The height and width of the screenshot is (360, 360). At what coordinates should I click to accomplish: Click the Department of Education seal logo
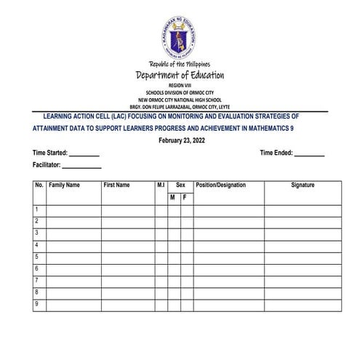[180, 34]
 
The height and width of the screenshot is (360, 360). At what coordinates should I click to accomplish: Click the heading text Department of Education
[180, 76]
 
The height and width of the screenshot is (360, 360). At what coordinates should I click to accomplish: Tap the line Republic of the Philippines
[180, 65]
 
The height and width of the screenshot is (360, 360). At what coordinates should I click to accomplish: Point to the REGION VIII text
[180, 86]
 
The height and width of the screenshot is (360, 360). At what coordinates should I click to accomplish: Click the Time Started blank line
[84, 155]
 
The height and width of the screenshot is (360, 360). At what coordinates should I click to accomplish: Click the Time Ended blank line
[310, 155]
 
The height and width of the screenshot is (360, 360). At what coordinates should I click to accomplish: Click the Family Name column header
[64, 185]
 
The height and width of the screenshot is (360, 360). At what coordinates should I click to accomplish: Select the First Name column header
[116, 185]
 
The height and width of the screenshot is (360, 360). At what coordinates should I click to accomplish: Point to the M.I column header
[161, 185]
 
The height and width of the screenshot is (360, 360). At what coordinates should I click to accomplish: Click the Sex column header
[180, 185]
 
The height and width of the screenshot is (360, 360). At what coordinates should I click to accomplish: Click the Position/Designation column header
[221, 185]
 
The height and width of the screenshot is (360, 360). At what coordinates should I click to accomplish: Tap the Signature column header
[303, 185]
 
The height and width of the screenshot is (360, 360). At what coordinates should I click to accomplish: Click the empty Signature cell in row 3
[303, 234]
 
